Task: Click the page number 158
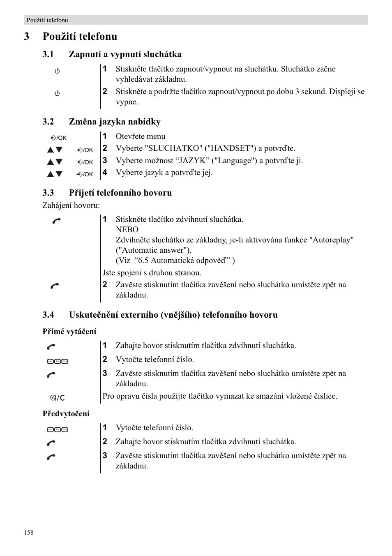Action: [29, 533]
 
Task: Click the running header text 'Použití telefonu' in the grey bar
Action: [47, 20]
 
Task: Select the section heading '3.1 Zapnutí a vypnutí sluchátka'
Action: [112, 54]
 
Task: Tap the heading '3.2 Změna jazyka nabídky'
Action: [101, 122]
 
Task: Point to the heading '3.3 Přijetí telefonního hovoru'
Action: [107, 193]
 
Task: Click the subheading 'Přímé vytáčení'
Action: [69, 331]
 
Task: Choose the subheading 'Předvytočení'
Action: [66, 413]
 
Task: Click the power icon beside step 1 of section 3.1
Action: [57, 71]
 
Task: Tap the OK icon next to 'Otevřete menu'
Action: [58, 138]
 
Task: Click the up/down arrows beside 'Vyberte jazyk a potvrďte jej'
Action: [55, 174]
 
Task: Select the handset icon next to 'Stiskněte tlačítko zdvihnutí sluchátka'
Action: [56, 221]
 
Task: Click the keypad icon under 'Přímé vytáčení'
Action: [57, 362]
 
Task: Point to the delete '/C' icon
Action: [57, 398]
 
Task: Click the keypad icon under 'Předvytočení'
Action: [57, 430]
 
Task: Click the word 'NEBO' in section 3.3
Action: [127, 230]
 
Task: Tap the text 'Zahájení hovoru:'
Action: [71, 205]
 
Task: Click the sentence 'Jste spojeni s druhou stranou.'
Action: [152, 273]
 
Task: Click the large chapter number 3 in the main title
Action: [27, 37]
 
